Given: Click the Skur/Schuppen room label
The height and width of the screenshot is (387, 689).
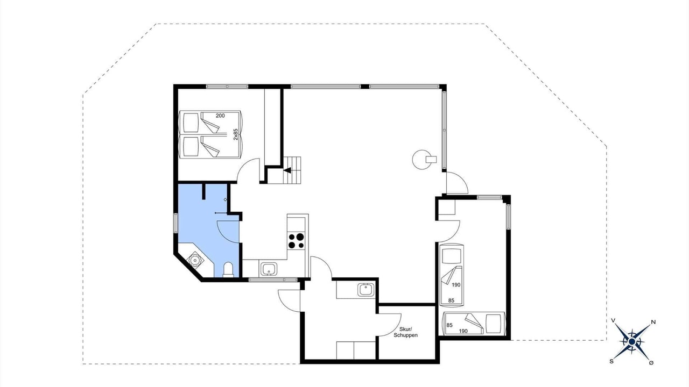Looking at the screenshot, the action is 405,332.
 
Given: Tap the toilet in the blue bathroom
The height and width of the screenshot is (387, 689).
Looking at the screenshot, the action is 228,269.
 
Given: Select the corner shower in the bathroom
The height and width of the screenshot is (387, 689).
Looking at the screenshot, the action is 195,260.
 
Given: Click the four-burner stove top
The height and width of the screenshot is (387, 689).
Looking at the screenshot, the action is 296,240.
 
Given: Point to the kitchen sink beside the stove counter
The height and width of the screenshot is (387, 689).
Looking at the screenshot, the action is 269,269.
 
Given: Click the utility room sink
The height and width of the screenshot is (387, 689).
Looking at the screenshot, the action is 365,290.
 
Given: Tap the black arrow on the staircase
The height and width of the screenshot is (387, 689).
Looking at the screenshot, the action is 287,170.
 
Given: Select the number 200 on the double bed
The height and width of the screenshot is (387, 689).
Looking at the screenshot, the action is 220,116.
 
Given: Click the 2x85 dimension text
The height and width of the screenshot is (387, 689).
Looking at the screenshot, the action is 236,134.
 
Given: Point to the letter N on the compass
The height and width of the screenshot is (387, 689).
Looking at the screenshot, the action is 653,322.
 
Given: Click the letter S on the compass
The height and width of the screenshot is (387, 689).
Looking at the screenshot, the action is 611,362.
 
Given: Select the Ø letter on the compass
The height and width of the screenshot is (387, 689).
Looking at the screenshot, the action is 651,363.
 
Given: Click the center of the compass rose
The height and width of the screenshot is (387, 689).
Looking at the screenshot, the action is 632,341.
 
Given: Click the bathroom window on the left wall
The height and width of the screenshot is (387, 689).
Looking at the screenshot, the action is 175,223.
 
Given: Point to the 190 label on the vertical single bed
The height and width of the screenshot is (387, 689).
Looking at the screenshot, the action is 456,285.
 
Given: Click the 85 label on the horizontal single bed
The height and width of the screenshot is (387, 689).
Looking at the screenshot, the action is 449,325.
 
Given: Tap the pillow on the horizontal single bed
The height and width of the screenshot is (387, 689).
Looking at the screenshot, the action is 494,324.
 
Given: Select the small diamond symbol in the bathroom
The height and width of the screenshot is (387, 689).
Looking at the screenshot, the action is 225,199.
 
